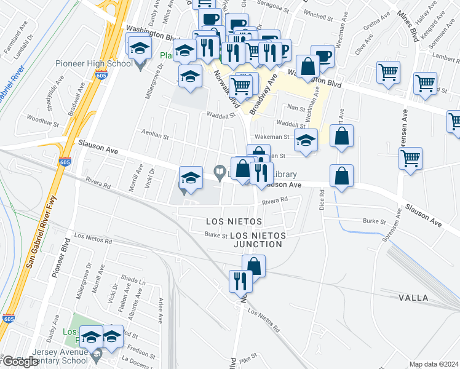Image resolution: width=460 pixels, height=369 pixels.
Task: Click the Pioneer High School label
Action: click(x=94, y=63)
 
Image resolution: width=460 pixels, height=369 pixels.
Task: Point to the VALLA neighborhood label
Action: click(x=413, y=298)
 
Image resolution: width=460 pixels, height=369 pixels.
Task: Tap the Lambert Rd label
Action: click(x=446, y=56)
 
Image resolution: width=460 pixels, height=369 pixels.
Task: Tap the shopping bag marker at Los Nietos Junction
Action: click(x=254, y=266)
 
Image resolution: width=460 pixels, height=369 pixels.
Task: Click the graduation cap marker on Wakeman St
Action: click(x=306, y=140)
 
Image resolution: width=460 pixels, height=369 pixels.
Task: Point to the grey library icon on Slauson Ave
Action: click(x=219, y=171)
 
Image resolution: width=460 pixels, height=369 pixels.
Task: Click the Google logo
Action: click(x=20, y=362)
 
